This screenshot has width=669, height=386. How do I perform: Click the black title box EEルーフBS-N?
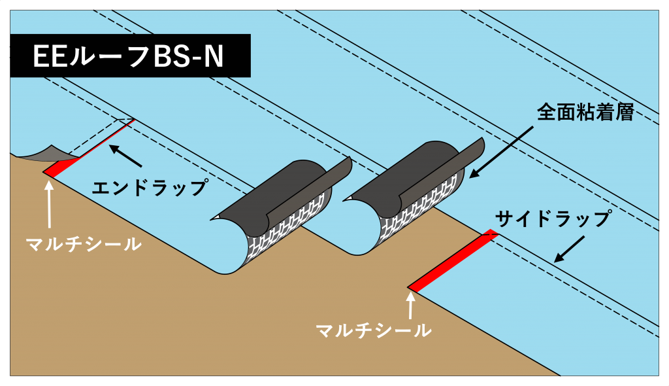click(130, 56)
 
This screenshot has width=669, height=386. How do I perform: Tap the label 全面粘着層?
click(585, 112)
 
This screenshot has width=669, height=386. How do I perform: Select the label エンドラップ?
click(150, 188)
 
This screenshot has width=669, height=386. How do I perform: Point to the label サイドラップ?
click(553, 219)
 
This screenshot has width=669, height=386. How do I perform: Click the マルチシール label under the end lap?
click(84, 244)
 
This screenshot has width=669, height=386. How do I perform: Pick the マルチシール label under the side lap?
click(373, 330)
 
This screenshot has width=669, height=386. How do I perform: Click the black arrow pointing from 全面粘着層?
click(501, 152)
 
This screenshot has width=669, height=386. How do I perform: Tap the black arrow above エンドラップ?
click(125, 156)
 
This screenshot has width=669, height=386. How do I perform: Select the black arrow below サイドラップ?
click(569, 249)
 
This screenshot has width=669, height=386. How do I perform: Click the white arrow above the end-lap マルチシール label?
click(50, 202)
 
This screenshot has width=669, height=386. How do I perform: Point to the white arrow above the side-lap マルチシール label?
click(410, 305)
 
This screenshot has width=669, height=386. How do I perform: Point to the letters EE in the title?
click(50, 57)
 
